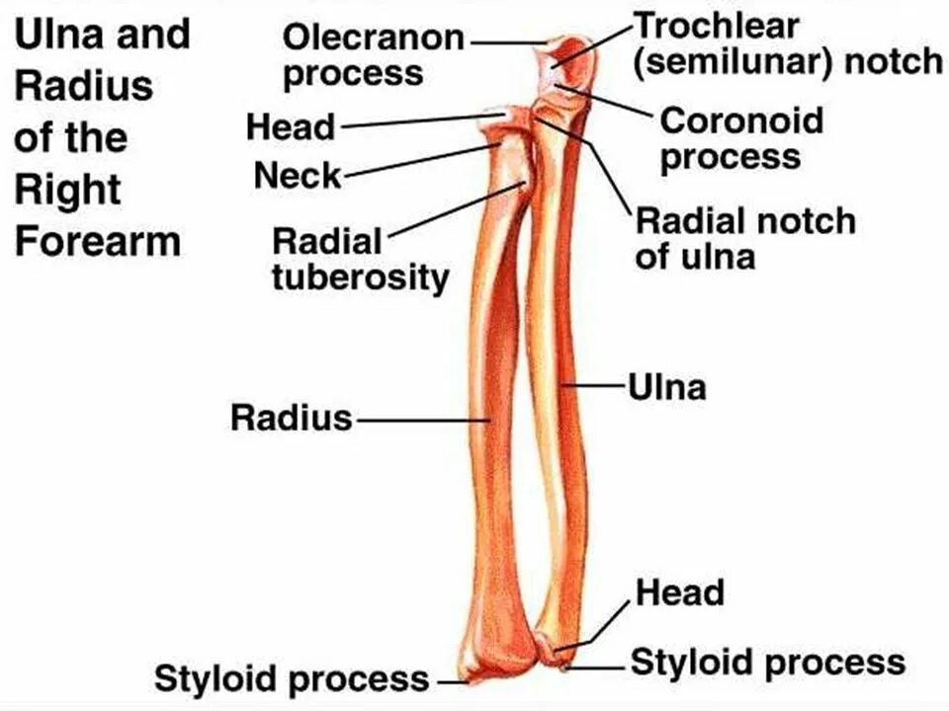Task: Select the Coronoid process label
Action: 740,138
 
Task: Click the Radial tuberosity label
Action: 360,259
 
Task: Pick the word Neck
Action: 297,177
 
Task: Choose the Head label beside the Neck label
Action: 291,127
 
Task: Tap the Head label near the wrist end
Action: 679,592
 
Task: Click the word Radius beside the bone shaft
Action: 292,418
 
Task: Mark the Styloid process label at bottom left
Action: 292,678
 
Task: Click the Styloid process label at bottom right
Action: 767,661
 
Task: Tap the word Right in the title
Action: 67,190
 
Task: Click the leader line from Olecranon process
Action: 504,42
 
